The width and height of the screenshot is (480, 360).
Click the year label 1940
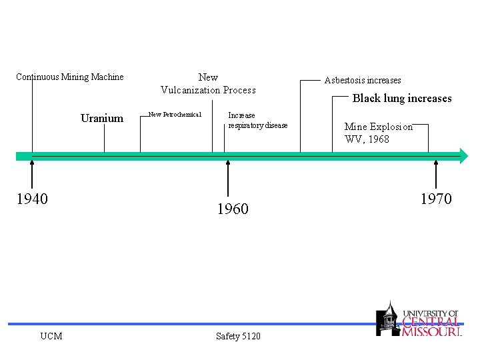click(x=32, y=199)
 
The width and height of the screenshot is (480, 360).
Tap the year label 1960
click(x=233, y=209)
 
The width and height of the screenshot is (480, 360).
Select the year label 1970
click(x=436, y=199)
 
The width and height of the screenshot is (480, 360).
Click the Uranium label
click(x=102, y=119)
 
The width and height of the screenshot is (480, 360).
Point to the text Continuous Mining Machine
click(x=70, y=77)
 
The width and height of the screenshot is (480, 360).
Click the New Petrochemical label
click(x=175, y=115)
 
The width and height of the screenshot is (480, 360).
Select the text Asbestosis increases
click(x=363, y=81)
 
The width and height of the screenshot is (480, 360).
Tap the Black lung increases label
click(x=402, y=99)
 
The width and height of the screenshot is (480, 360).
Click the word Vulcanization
click(x=191, y=90)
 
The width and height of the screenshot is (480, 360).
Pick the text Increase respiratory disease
click(x=258, y=120)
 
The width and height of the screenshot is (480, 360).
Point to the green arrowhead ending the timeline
click(x=464, y=156)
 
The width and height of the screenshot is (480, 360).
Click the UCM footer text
click(x=51, y=336)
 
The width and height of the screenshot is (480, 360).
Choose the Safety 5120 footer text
click(x=239, y=336)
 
